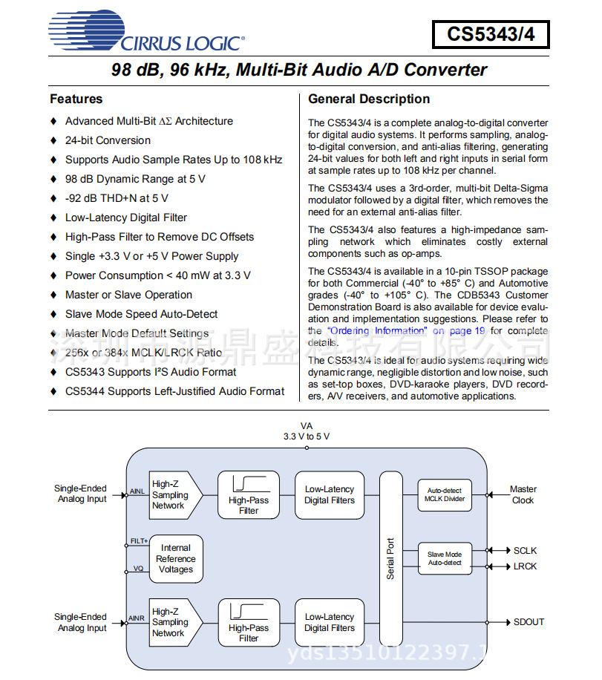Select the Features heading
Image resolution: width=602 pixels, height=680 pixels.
76,99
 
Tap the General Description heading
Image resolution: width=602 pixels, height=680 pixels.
369,99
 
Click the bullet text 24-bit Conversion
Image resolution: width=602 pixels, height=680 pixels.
108,140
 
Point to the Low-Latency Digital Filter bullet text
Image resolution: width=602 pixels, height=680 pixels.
126,218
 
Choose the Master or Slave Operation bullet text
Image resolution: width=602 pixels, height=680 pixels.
128,295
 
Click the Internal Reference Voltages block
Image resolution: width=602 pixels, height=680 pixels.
176,559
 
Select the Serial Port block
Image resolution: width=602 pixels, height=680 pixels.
390,558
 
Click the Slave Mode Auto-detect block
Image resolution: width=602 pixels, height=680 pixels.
445,558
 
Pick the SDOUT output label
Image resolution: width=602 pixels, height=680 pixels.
529,622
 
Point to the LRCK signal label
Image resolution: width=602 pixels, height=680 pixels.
525,566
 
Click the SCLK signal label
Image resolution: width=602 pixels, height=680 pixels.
525,551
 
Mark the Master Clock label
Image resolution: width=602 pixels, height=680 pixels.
523,494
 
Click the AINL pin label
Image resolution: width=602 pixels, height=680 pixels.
137,491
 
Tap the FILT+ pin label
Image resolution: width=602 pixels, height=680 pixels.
139,541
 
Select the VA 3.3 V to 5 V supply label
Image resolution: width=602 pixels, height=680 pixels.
306,431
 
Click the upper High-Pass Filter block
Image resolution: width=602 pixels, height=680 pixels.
249,494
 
